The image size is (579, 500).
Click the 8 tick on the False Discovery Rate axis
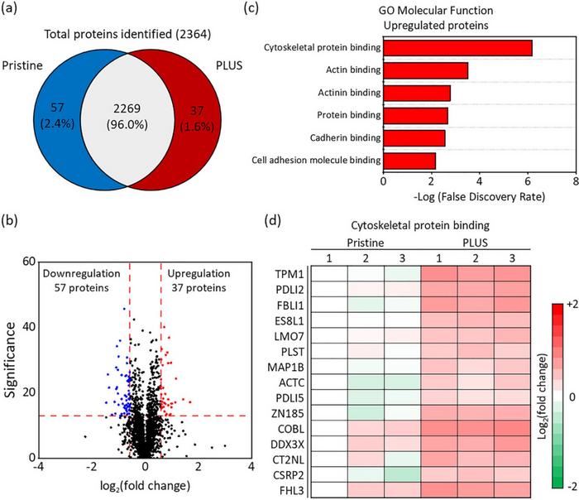574,180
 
